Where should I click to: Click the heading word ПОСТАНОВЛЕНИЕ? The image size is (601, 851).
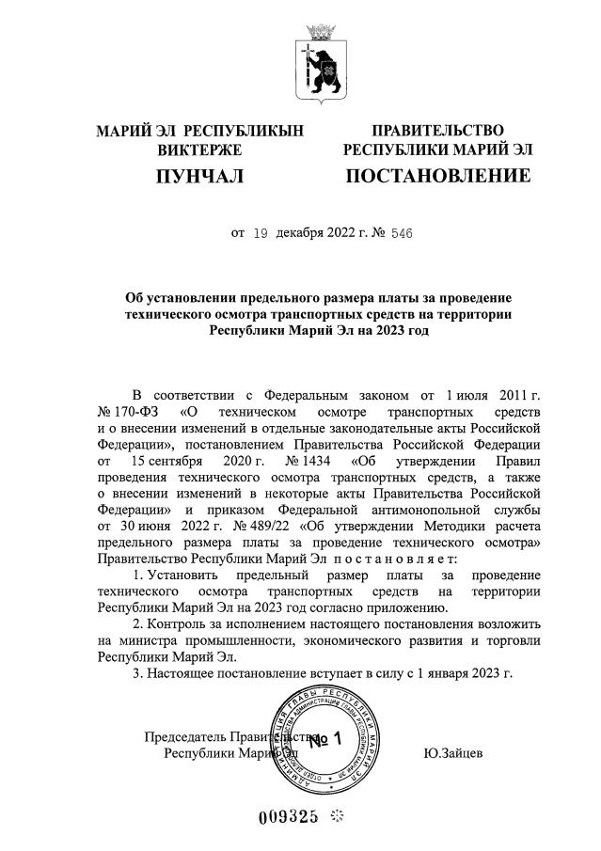(x=437, y=176)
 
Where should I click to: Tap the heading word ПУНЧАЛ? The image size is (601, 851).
(x=199, y=176)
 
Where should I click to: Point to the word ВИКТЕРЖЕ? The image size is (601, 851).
(x=199, y=150)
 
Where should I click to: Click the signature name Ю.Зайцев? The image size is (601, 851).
(x=454, y=752)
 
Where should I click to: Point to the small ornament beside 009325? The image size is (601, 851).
(x=333, y=815)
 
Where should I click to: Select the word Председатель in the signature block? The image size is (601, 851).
(x=187, y=736)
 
